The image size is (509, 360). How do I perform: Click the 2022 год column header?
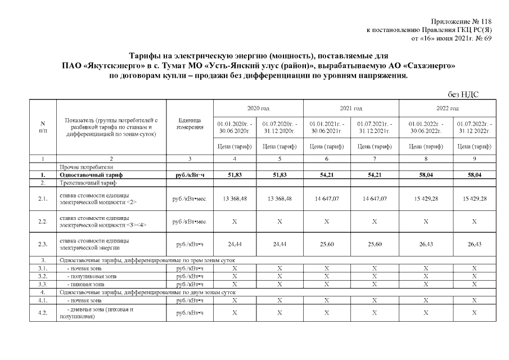(x=447, y=107)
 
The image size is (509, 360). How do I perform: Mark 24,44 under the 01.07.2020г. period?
(x=280, y=244)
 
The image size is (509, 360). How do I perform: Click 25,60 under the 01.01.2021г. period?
(x=327, y=244)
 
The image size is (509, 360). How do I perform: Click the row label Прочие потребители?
(x=86, y=167)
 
